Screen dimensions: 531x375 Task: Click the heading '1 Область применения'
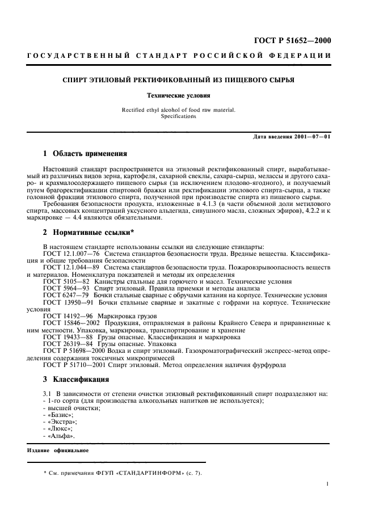pyautogui.click(x=85, y=154)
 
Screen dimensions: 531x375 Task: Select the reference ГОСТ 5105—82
pyautogui.click(x=67, y=282)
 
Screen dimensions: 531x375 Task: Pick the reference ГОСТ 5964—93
pyautogui.click(x=67, y=289)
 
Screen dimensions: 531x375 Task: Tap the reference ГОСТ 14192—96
pyautogui.click(x=68, y=315)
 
